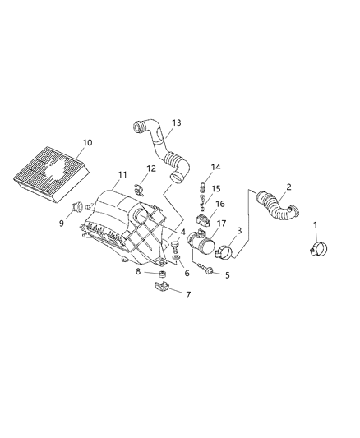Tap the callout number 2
click(289, 187)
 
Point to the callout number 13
click(175, 122)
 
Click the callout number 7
click(187, 294)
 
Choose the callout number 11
click(122, 174)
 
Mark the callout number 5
click(228, 275)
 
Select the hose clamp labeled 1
click(320, 245)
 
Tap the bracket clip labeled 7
click(163, 288)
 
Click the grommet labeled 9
click(76, 206)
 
